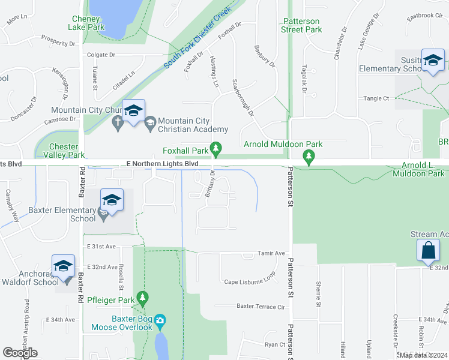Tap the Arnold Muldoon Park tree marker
(309, 158)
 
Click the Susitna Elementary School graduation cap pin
(432, 60)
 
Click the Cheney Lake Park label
(94, 23)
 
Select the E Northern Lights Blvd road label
(162, 163)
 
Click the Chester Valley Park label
(64, 151)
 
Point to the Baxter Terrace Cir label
(260, 306)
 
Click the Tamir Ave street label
(271, 253)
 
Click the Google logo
(20, 353)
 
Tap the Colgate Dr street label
(101, 55)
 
